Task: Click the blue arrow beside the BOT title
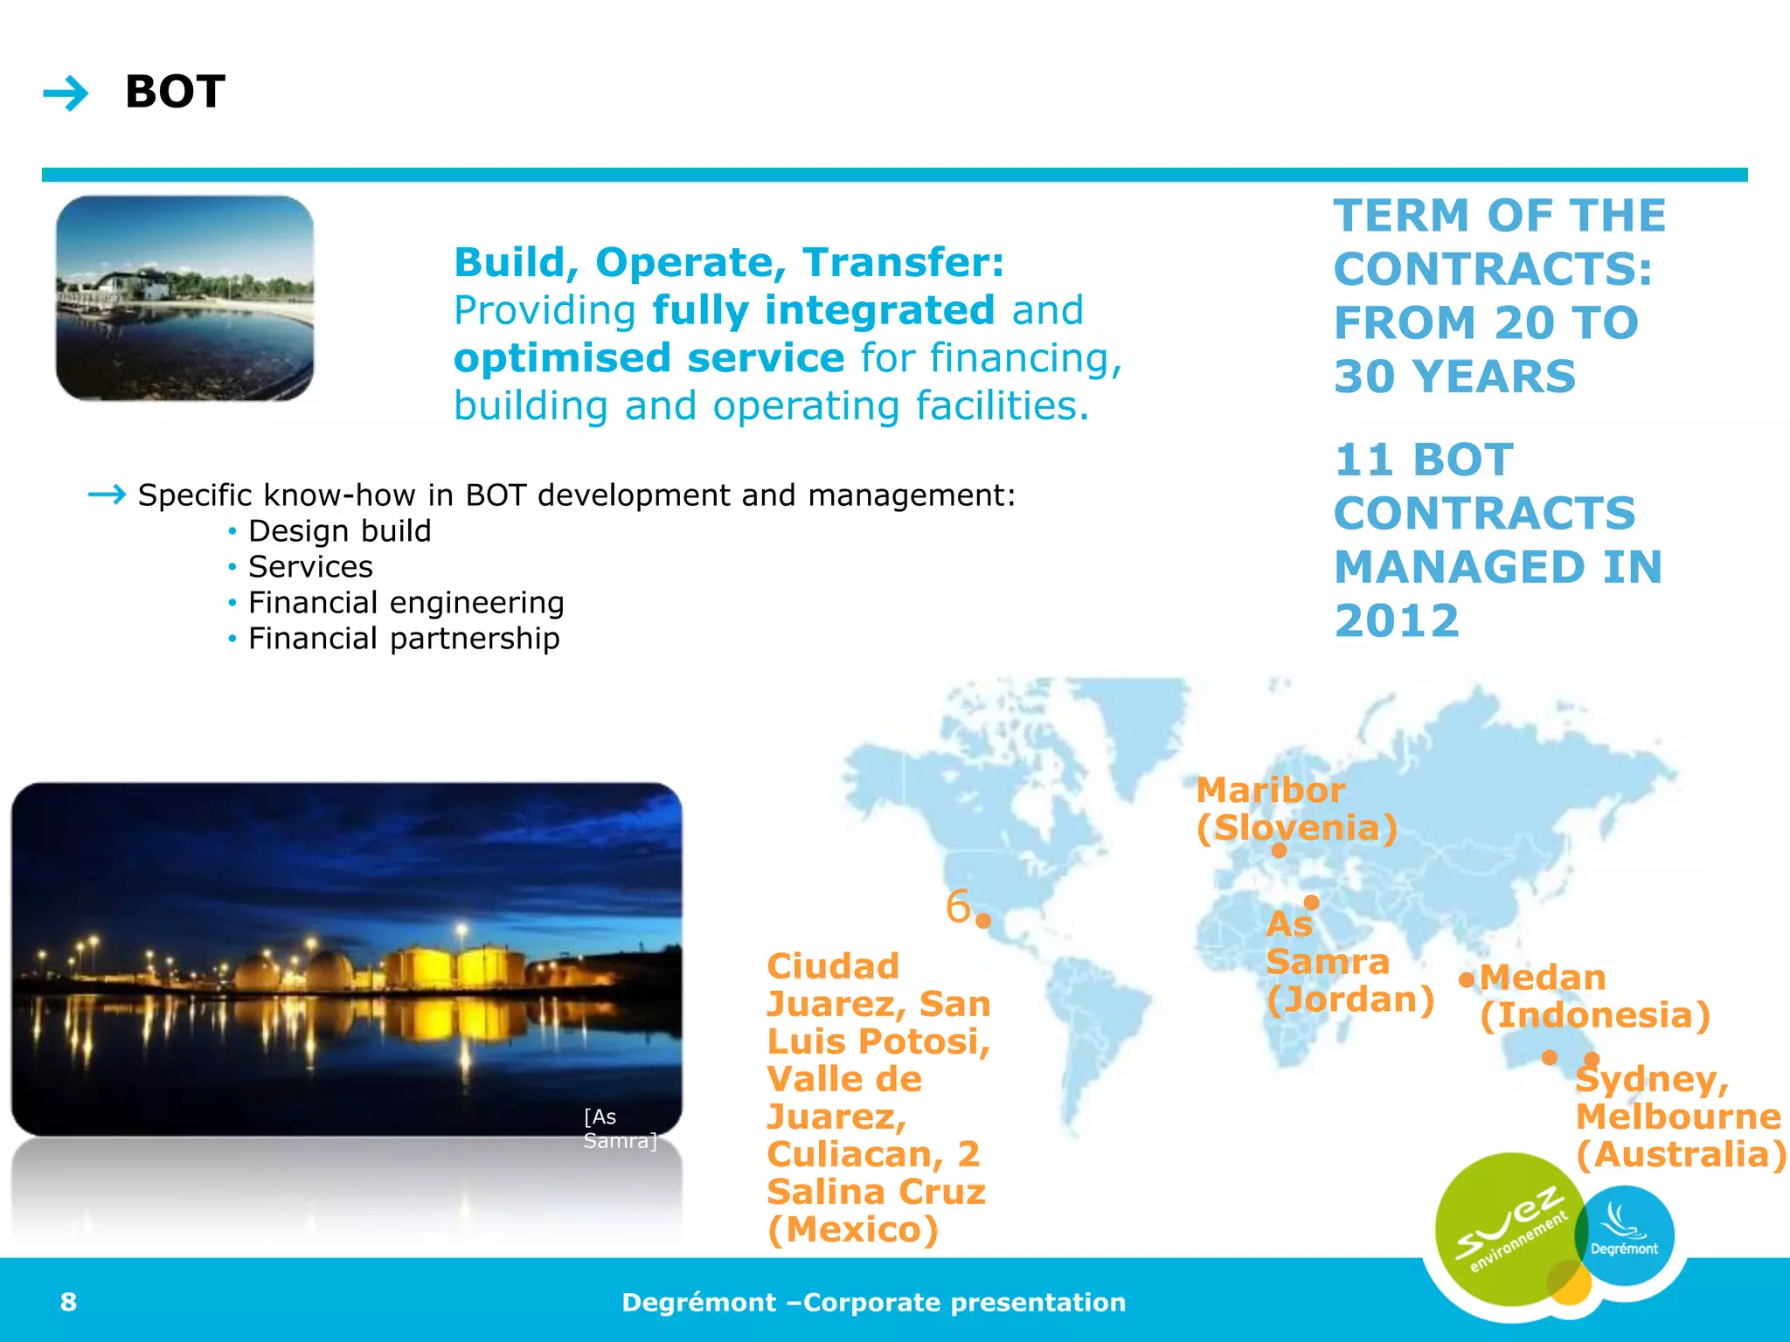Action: click(x=66, y=93)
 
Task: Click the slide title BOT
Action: click(x=175, y=92)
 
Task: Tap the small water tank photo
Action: click(x=184, y=298)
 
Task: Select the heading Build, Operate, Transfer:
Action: click(x=729, y=262)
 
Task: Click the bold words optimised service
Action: click(x=649, y=358)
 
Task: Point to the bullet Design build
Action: click(x=339, y=531)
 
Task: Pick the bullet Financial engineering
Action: click(x=406, y=603)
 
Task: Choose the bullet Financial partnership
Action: click(x=403, y=639)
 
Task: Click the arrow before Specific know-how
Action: click(x=107, y=495)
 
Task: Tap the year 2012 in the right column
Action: click(x=1397, y=621)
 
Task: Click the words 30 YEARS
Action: click(x=1454, y=377)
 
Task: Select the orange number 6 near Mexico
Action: click(x=958, y=906)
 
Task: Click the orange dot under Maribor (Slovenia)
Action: click(x=1279, y=850)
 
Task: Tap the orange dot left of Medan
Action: click(x=1466, y=980)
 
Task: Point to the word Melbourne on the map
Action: click(x=1677, y=1117)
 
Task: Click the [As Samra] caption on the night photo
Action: click(x=619, y=1129)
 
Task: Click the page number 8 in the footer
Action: click(x=68, y=1302)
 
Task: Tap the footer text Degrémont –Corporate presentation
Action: click(x=873, y=1302)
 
